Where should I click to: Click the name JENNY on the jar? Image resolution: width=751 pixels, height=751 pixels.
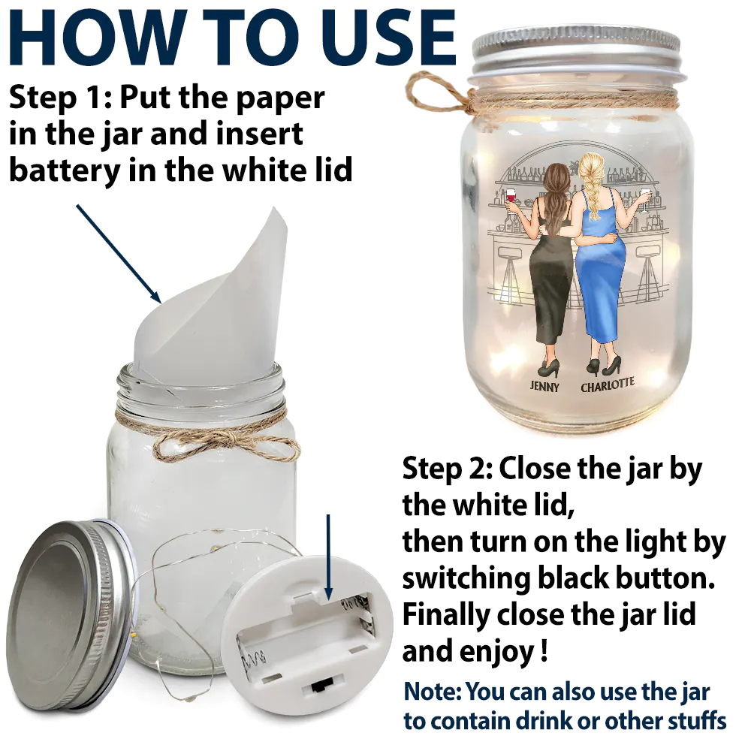[544, 385]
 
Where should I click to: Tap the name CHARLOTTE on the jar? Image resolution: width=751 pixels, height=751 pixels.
[608, 384]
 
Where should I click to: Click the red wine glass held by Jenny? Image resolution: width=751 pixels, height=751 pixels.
[511, 198]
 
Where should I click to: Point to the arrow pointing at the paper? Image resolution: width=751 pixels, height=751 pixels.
[119, 254]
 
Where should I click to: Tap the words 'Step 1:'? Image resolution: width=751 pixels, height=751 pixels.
[60, 98]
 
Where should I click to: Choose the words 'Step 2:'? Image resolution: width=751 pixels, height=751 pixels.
[447, 469]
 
